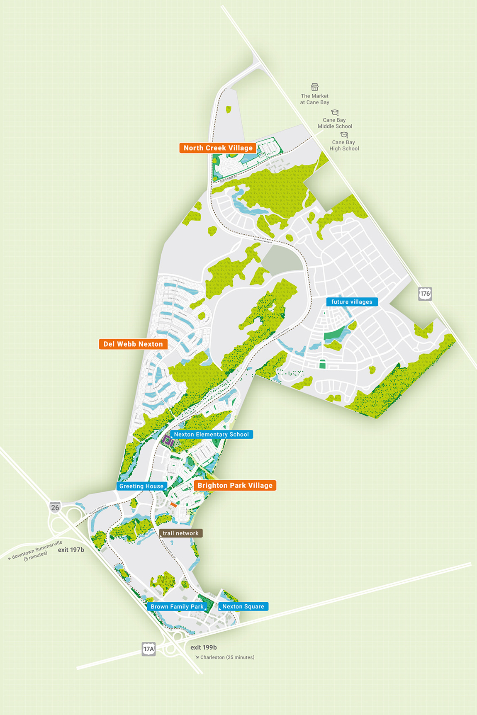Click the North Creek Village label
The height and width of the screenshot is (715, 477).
coord(218,148)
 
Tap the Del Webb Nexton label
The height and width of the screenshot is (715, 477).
coord(133,344)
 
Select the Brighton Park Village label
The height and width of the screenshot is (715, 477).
coord(235,486)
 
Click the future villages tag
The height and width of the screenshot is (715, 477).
coord(352,302)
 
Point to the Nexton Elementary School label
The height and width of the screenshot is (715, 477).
coord(211,435)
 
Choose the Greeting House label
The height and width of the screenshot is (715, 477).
coord(141,486)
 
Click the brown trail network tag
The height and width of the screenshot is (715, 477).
coord(180,533)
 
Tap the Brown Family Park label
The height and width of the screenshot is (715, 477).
coord(177,607)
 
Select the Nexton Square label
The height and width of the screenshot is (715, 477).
coord(243,607)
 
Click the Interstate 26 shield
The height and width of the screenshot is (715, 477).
coord(55,507)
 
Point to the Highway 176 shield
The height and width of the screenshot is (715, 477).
coord(425,294)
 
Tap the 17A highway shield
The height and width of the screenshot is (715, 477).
coord(148,649)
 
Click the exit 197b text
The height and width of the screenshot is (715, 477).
coord(71,550)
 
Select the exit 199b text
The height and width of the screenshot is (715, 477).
coord(204,647)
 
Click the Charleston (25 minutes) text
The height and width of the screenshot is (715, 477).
coord(227,657)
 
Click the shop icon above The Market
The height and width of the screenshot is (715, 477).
coord(315,87)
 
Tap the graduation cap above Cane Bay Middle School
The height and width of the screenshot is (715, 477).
coord(335,112)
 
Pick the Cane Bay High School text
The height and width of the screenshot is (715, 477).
coord(344,146)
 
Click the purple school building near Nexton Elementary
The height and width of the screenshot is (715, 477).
coord(168,441)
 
